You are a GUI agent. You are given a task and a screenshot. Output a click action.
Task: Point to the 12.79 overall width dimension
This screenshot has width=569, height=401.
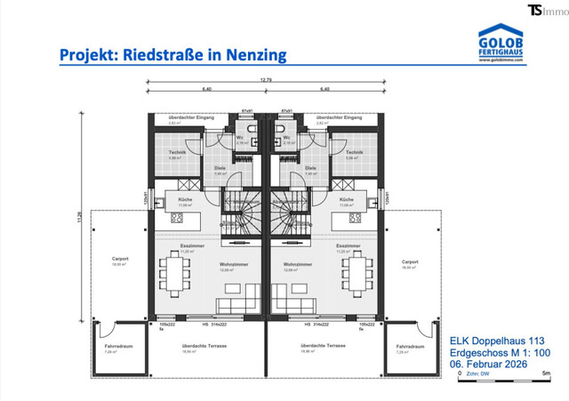coord(266,80)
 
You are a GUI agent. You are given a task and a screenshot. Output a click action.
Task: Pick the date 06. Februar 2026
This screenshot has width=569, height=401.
coord(494,364)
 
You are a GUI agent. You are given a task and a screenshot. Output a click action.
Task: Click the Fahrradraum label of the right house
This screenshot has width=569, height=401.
coord(408,345)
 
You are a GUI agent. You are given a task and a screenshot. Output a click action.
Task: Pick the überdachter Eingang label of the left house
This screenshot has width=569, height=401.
coord(190,117)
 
